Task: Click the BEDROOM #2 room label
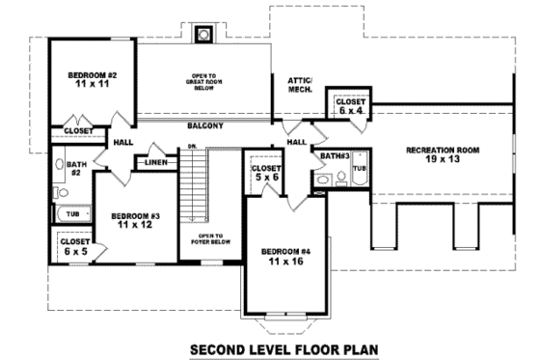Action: point(92,79)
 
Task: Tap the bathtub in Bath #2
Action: point(72,214)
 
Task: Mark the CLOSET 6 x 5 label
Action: point(75,247)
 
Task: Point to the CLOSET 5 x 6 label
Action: point(265,173)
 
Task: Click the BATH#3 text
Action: point(334,155)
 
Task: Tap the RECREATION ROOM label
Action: point(443,154)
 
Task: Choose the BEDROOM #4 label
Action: point(284,256)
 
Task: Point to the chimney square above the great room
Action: point(203,36)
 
